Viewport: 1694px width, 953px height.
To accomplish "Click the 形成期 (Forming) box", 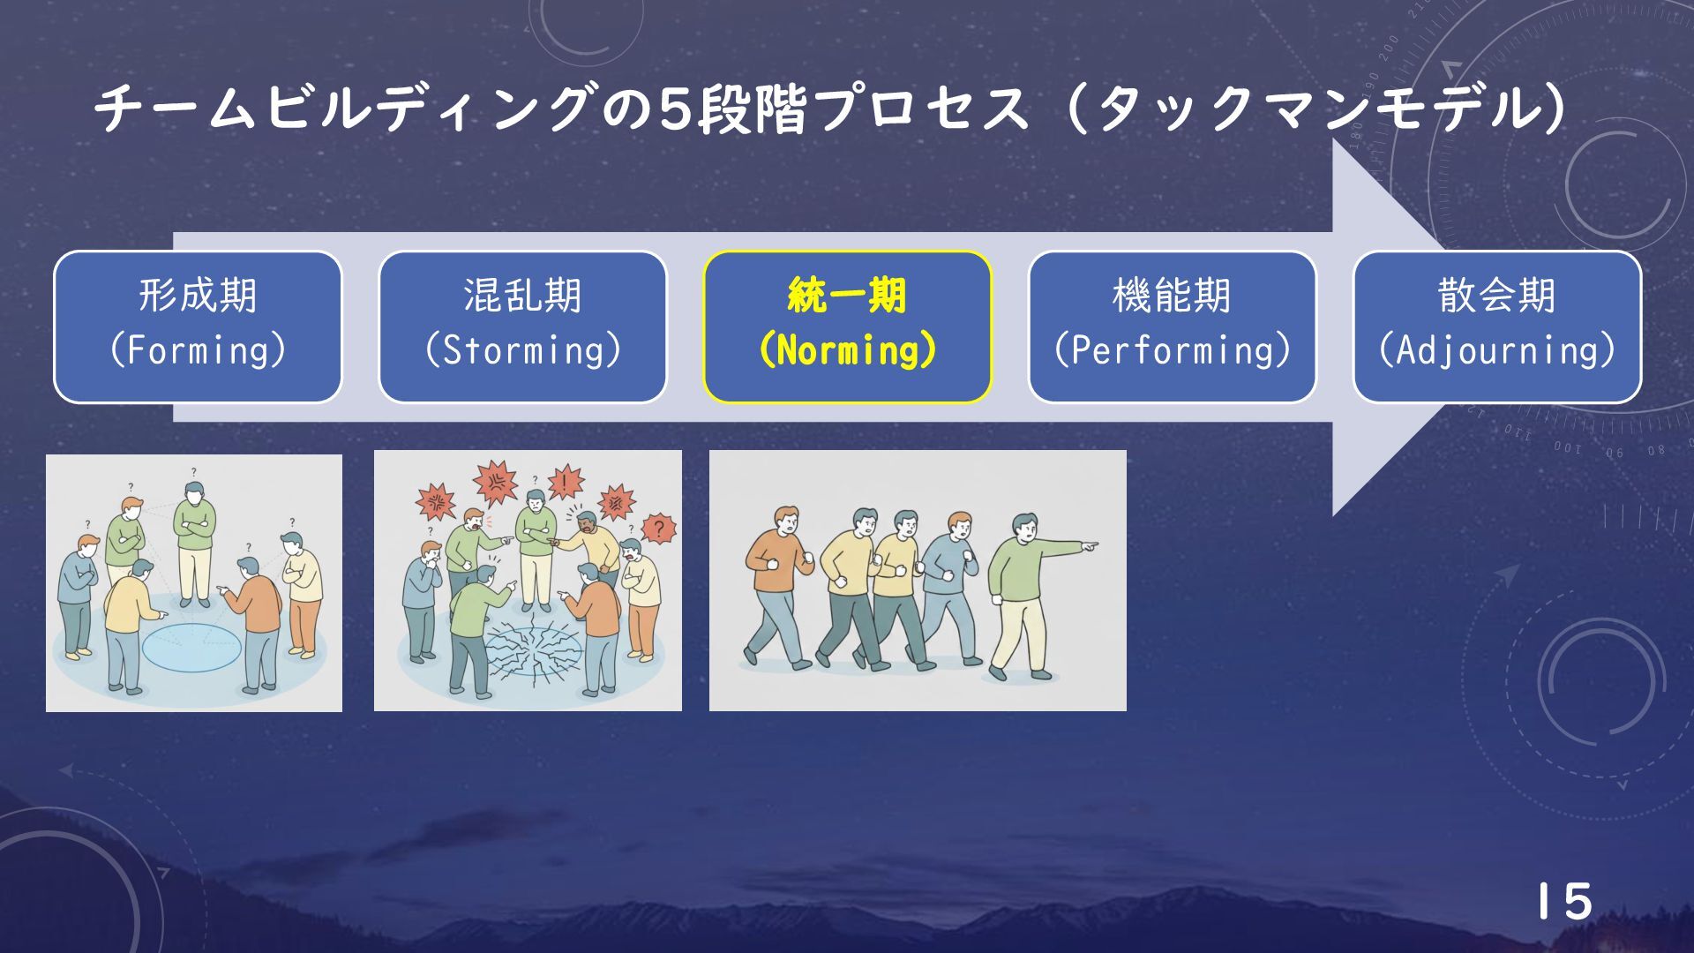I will click(x=198, y=327).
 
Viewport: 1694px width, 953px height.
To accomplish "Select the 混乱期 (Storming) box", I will click(x=522, y=327).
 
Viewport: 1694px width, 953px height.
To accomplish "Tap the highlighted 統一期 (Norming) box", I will click(x=847, y=327).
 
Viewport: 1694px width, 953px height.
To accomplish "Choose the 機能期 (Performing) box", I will click(x=1172, y=327).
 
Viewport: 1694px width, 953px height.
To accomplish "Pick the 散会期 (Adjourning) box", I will click(x=1496, y=327).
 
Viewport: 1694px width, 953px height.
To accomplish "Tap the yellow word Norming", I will click(x=847, y=351).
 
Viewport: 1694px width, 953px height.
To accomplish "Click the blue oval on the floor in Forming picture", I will click(x=191, y=647).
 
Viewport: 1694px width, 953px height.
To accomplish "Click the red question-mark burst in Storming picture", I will click(x=657, y=529).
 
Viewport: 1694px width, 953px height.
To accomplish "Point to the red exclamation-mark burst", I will click(x=565, y=482).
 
